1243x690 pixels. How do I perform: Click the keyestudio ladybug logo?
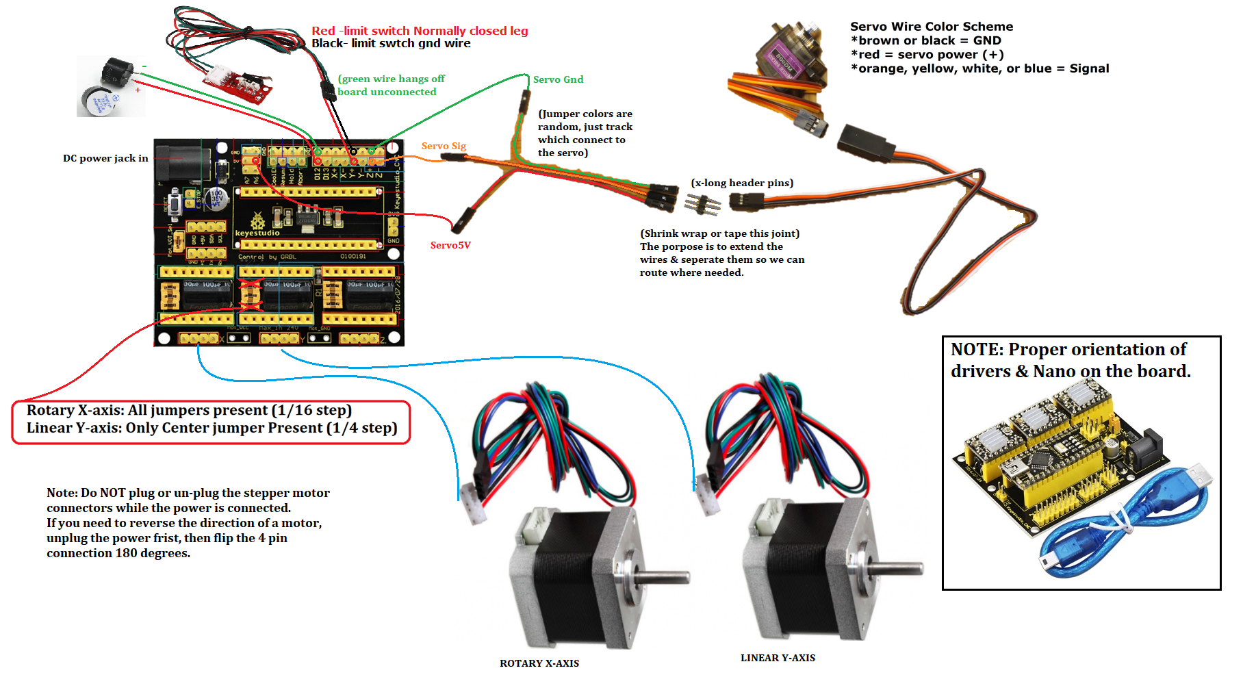(257, 220)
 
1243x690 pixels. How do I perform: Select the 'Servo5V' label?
(450, 245)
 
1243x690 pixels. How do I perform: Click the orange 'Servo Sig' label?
(444, 146)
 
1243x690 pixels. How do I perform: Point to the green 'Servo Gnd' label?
(558, 79)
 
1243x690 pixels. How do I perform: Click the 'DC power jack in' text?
(105, 158)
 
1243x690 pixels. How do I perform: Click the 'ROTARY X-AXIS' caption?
(539, 663)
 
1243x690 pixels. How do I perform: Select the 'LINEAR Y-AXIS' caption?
(778, 658)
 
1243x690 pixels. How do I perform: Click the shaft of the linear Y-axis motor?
(897, 567)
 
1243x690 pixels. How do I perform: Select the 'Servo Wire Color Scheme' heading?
(932, 27)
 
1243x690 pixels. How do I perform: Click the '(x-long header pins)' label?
(742, 183)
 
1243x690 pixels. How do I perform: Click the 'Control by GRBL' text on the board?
(268, 257)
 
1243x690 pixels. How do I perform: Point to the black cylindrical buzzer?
(116, 72)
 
